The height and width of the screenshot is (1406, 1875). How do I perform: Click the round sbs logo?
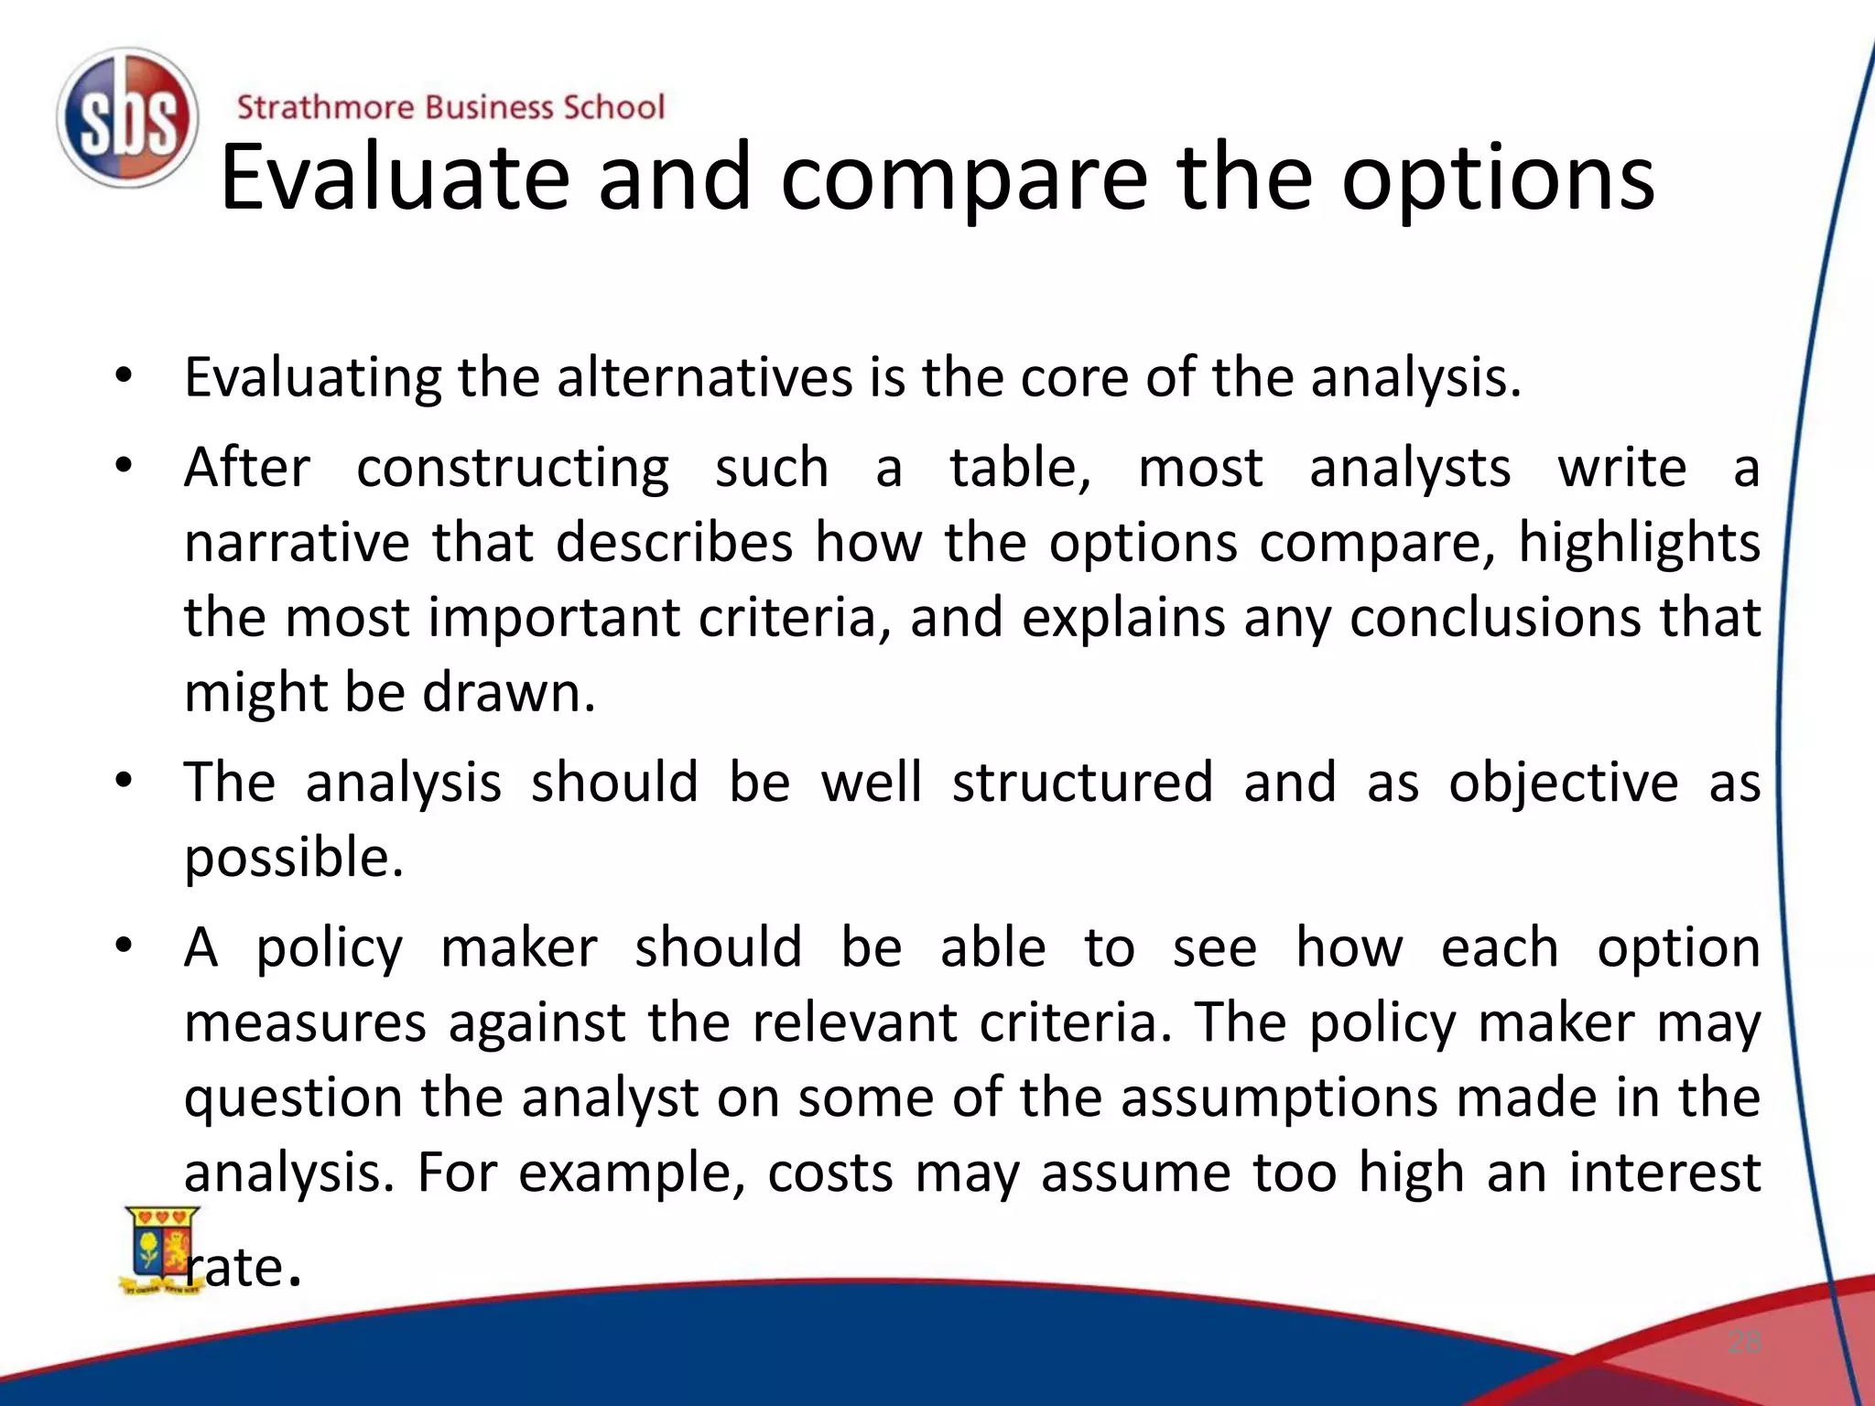pos(127,118)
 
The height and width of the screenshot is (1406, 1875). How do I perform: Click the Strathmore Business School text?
pos(450,107)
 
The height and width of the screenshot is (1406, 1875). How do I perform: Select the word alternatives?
pos(704,377)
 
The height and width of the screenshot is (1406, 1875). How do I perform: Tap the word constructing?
pos(513,468)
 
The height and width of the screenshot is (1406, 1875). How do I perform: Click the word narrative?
pos(297,542)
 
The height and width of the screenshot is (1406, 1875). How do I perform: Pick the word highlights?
pos(1639,542)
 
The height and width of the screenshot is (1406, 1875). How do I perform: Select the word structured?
pos(1082,783)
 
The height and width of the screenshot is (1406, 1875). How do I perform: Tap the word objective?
pos(1563,783)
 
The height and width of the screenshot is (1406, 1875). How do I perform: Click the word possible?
pos(293,858)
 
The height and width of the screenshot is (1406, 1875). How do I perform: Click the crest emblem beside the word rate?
pos(160,1249)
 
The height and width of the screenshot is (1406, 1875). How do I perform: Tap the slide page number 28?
pos(1744,1342)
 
